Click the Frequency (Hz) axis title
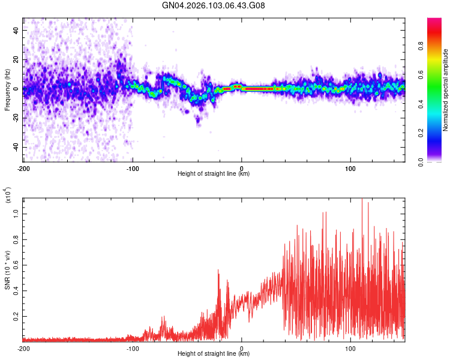7,90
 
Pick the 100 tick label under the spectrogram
350,168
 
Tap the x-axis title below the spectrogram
214,174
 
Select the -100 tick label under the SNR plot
133,348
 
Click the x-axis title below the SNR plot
214,354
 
